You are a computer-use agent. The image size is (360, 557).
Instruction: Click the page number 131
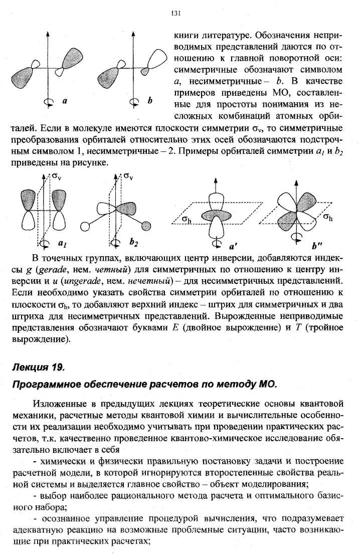point(176,14)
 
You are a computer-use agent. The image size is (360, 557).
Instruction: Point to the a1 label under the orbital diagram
point(62,243)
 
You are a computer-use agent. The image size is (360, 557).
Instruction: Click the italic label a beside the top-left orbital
point(65,101)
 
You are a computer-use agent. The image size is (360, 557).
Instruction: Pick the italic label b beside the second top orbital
point(149,101)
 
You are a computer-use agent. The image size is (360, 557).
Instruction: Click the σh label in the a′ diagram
point(187,219)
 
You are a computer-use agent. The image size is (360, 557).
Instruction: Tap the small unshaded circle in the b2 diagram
point(85,227)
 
